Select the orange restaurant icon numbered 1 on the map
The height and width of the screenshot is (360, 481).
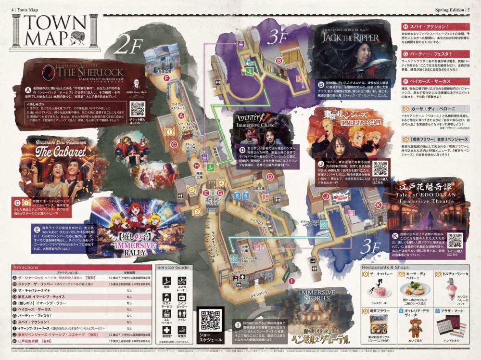[x=169, y=131]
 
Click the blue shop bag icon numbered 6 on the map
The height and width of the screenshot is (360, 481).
[x=237, y=196]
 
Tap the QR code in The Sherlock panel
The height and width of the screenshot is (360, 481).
[x=137, y=109]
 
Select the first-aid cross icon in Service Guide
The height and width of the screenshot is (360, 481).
[x=166, y=330]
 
